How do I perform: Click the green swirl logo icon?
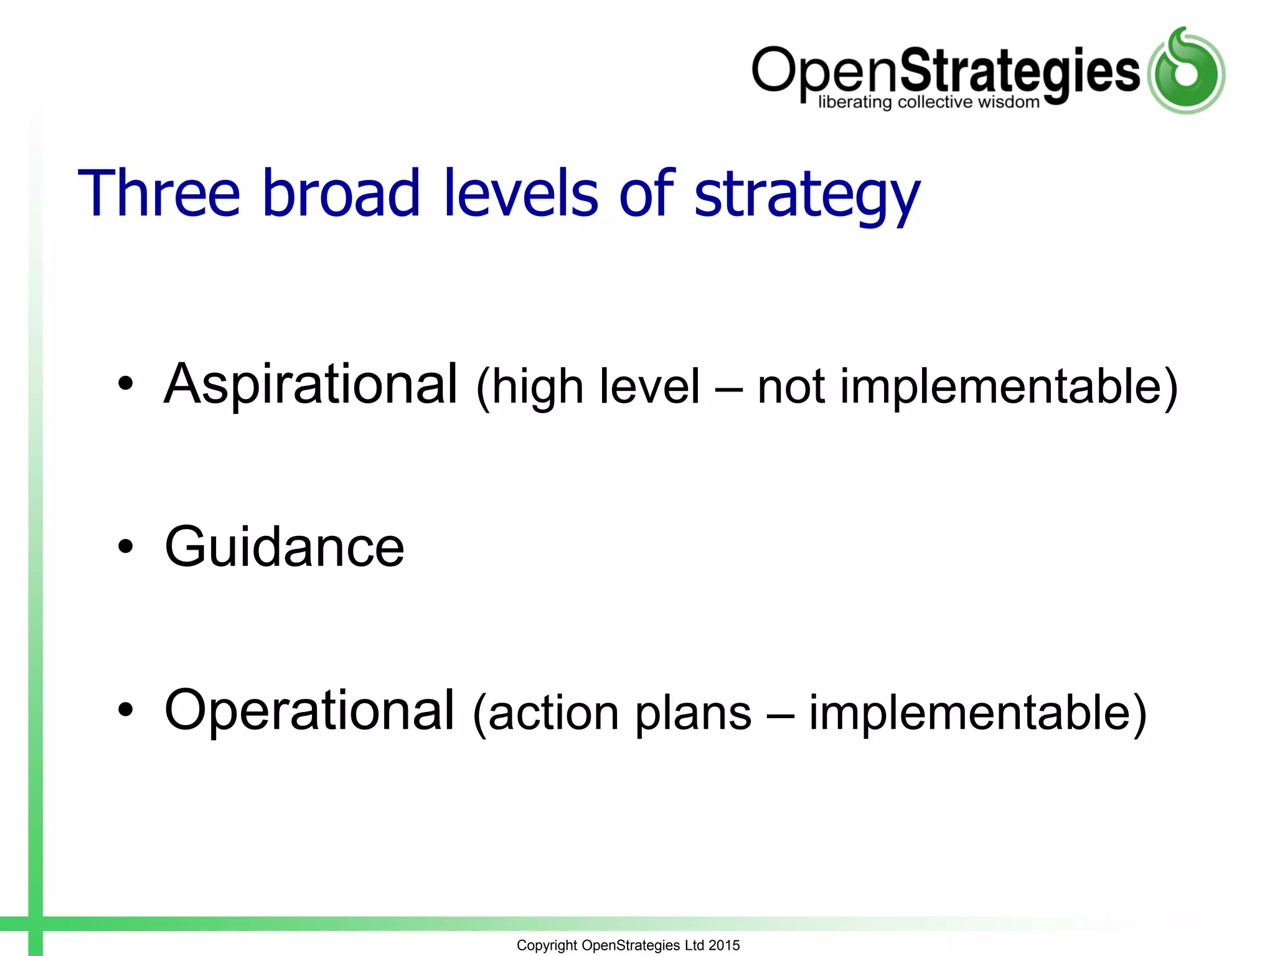click(x=1186, y=71)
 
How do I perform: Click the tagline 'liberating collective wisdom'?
click(x=929, y=102)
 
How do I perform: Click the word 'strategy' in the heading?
click(x=807, y=195)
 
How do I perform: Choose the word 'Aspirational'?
click(x=311, y=385)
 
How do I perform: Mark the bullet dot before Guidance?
click(x=126, y=546)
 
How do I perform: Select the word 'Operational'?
click(x=309, y=711)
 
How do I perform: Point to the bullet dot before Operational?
click(x=126, y=710)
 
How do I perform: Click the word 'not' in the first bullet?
click(x=791, y=387)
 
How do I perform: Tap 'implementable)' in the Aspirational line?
click(x=1009, y=387)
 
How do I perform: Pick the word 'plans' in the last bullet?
click(x=694, y=714)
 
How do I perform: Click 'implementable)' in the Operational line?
click(x=977, y=713)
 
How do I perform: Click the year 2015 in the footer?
click(x=724, y=945)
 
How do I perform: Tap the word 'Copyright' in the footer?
click(x=547, y=945)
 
